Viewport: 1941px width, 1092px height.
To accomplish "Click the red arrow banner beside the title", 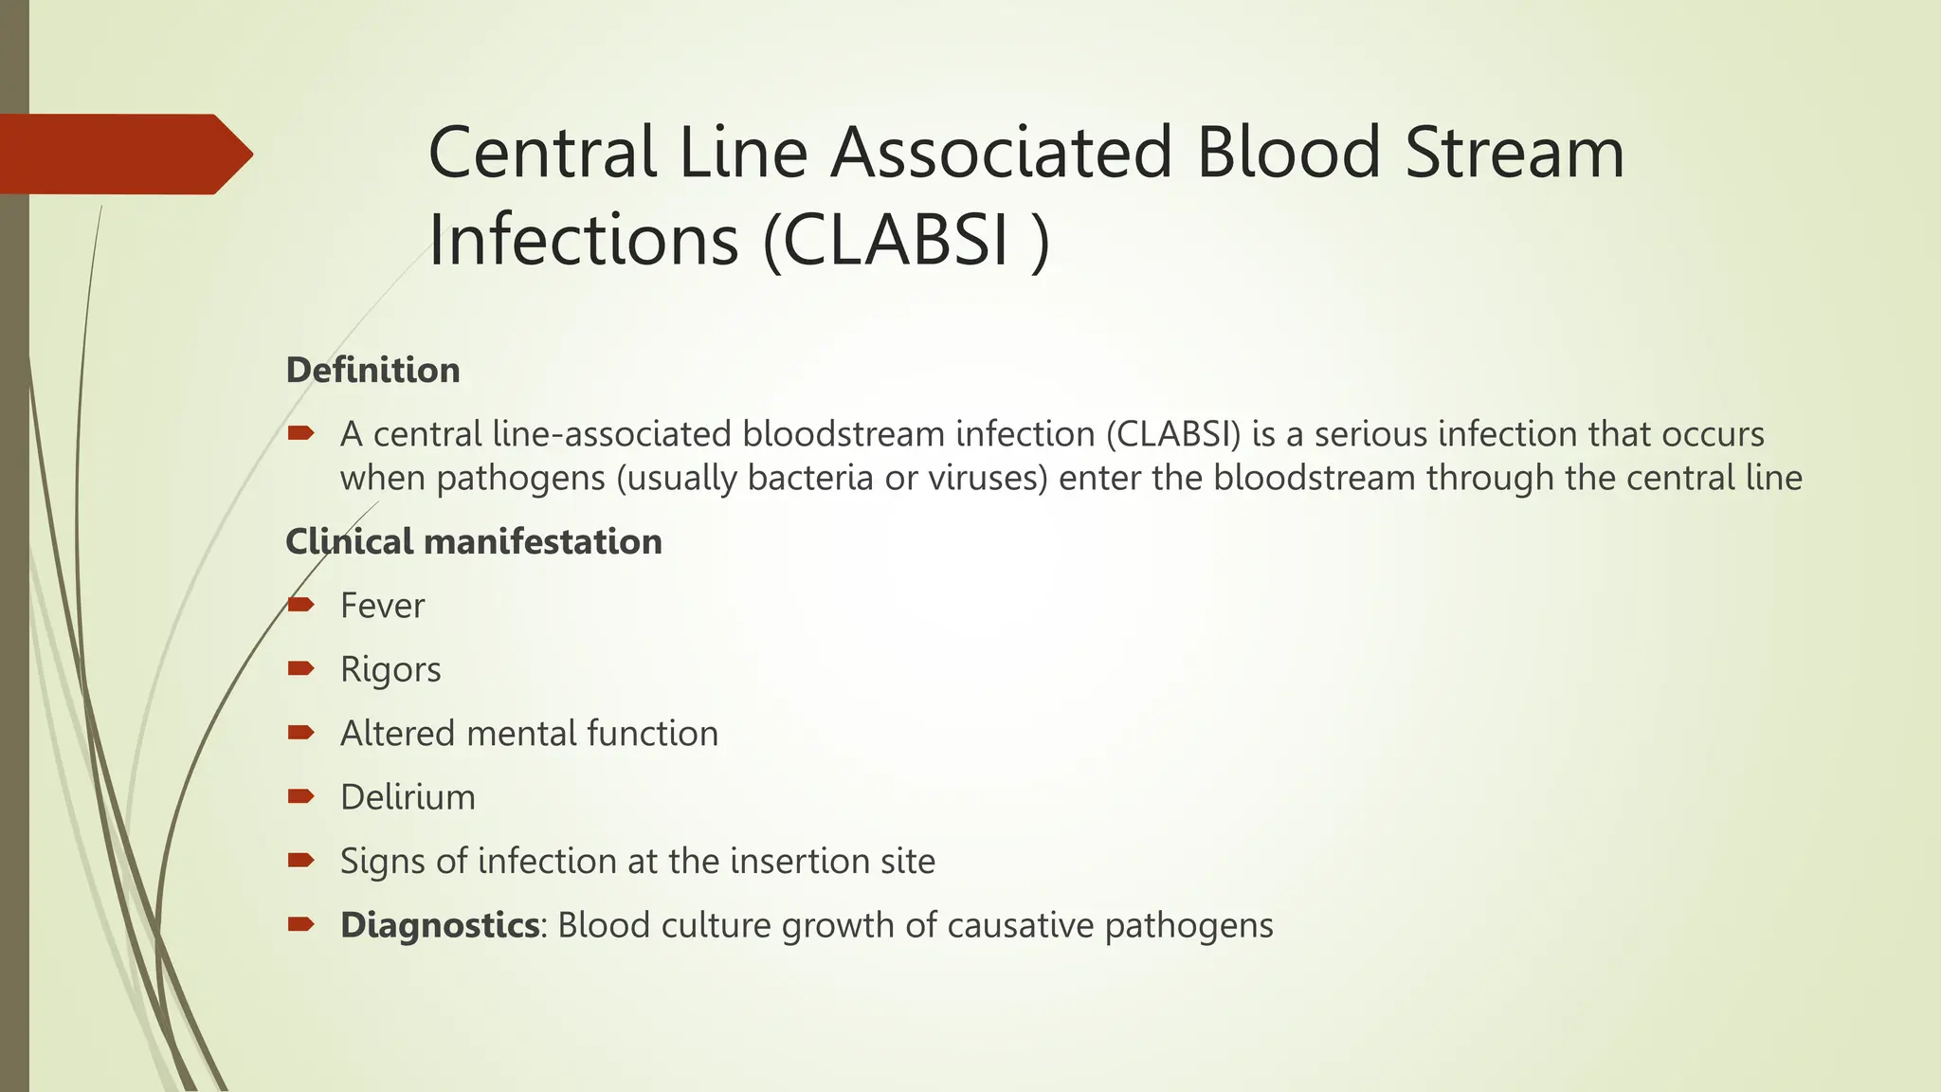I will pyautogui.click(x=123, y=154).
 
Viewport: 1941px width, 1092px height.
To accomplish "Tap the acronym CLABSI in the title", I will pyautogui.click(x=897, y=241).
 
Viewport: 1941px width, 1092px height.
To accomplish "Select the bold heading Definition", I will pyautogui.click(x=372, y=370).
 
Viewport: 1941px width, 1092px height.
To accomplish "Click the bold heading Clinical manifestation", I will pyautogui.click(x=474, y=541).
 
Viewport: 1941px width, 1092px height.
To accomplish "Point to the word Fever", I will pyautogui.click(x=382, y=606).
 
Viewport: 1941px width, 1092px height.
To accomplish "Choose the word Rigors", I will pyautogui.click(x=390, y=669).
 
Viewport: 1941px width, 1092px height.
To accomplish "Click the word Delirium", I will pyautogui.click(x=408, y=797).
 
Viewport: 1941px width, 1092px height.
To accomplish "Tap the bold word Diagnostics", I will pyautogui.click(x=440, y=925).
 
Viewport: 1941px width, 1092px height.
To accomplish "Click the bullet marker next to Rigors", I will pyautogui.click(x=300, y=669).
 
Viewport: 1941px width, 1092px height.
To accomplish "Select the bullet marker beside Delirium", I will pyautogui.click(x=300, y=796).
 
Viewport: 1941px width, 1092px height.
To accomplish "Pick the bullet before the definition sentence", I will pyautogui.click(x=300, y=433).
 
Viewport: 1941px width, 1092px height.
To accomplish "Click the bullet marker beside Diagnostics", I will pyautogui.click(x=300, y=924).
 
